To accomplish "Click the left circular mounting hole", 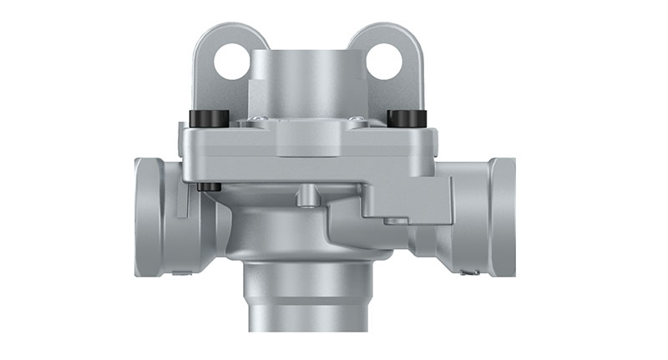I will pos(231,61).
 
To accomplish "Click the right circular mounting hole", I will pos(384,61).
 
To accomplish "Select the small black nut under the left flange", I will pos(210,186).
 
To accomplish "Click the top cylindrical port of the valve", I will pos(306,79).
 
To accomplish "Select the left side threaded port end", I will pos(149,215).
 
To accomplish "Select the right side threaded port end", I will pos(503,215).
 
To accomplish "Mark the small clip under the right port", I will pos(470,271).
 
